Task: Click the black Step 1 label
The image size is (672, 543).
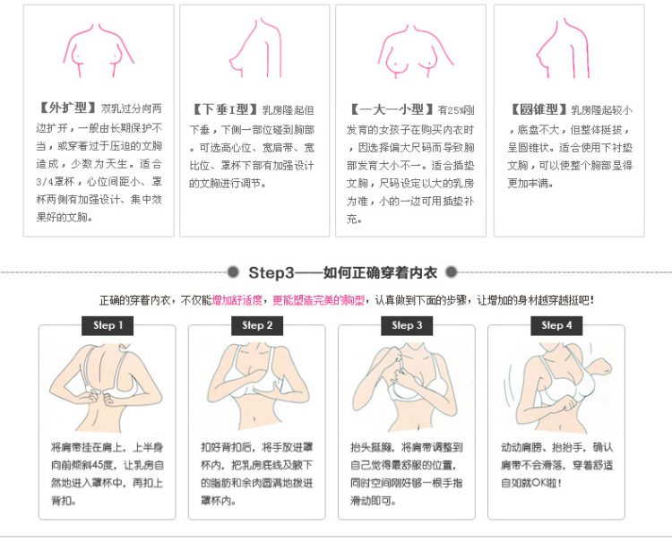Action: [108, 326]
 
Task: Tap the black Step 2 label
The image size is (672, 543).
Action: [257, 326]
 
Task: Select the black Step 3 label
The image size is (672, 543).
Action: [407, 326]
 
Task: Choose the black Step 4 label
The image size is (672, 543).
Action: [556, 326]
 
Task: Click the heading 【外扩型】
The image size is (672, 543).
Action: [67, 108]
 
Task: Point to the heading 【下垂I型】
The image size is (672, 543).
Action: [225, 109]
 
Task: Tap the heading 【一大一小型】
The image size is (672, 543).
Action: [392, 109]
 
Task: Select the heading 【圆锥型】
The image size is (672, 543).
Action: [539, 109]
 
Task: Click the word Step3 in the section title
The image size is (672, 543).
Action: [271, 273]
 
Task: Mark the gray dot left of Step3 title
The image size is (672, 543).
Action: [233, 272]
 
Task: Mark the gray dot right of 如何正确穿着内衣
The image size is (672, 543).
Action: [452, 272]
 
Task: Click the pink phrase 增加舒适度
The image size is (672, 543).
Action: [237, 300]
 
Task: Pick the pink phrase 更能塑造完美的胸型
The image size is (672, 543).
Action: [318, 300]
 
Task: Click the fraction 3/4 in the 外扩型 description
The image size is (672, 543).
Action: [45, 182]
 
